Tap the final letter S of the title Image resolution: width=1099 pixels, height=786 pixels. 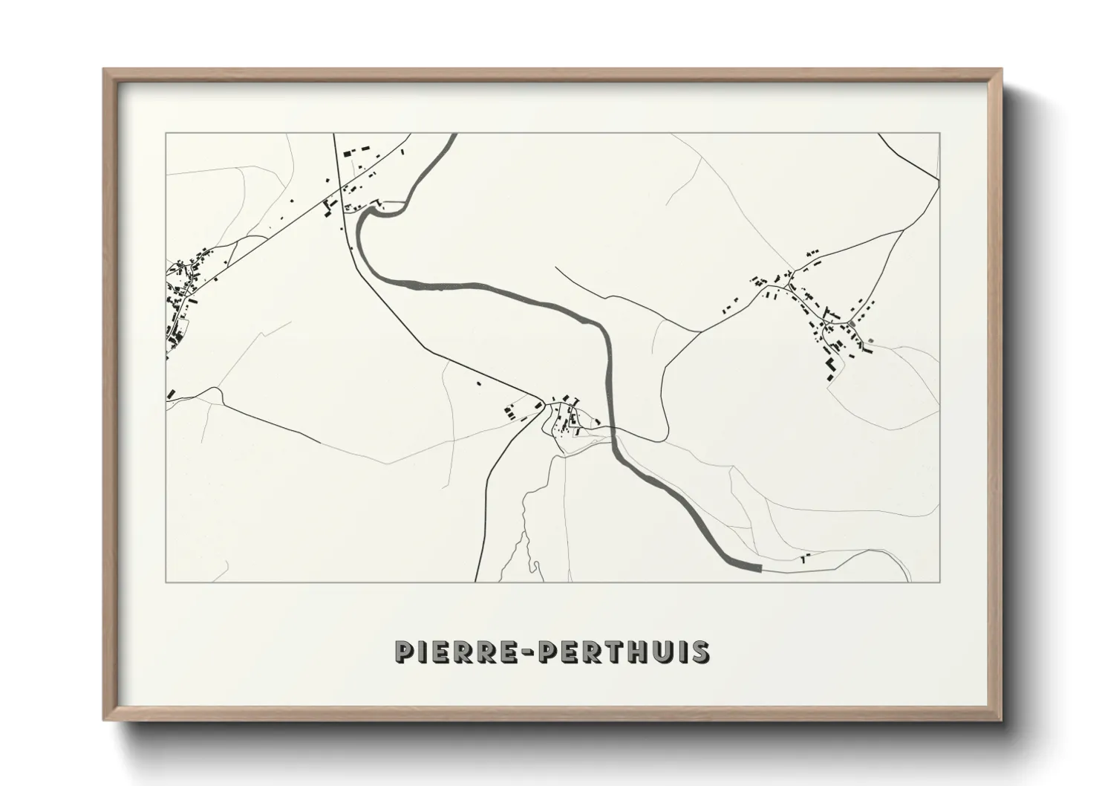(x=699, y=652)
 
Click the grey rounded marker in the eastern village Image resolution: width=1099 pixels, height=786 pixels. (x=851, y=324)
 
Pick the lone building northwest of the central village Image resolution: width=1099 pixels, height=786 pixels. (x=479, y=383)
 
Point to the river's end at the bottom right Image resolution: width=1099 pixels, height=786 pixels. (x=759, y=568)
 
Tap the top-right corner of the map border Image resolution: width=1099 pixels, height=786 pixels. (x=939, y=134)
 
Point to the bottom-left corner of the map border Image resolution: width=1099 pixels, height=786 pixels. (x=166, y=582)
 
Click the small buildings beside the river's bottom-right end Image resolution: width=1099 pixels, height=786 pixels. (x=804, y=556)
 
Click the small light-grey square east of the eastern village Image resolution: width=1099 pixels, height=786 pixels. (x=870, y=341)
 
